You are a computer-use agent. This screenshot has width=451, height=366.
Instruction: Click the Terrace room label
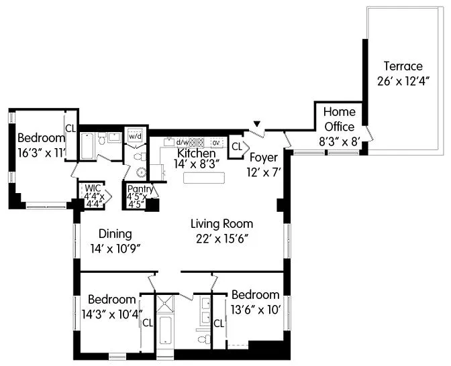point(403,66)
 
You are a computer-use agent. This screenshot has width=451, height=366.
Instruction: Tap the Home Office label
point(340,119)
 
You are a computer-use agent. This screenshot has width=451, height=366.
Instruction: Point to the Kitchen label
point(196,154)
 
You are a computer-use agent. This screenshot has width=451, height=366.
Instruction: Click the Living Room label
point(221,224)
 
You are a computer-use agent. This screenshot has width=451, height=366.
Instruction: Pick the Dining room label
point(115,234)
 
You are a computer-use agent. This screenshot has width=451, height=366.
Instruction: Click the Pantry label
point(141,189)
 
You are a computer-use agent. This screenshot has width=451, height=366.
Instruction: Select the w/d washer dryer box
point(136,135)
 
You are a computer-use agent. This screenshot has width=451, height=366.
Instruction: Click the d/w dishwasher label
point(183,142)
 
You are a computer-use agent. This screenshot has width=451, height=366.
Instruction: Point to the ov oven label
point(216,142)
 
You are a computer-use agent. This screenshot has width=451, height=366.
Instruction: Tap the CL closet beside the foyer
point(237,145)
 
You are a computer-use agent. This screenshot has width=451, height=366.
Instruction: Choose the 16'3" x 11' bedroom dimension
point(42,152)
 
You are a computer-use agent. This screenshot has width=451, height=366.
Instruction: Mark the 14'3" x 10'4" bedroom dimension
point(112,312)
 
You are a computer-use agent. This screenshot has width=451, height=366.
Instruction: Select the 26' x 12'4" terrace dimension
point(403,81)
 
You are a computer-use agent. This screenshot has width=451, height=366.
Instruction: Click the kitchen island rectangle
point(202,179)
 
